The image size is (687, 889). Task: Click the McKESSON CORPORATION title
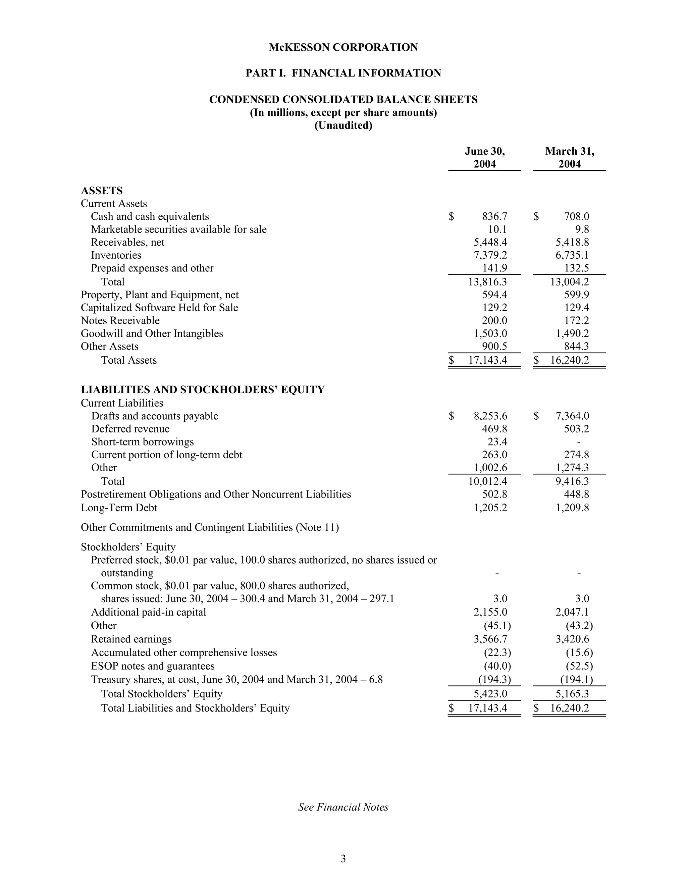pyautogui.click(x=343, y=47)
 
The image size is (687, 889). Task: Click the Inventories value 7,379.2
pyautogui.click(x=490, y=255)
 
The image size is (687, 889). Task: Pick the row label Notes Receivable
pyautogui.click(x=120, y=320)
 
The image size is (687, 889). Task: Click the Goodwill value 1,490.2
pyautogui.click(x=572, y=333)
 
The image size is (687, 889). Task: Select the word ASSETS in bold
pyautogui.click(x=102, y=191)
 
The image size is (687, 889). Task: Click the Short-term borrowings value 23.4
pyautogui.click(x=497, y=442)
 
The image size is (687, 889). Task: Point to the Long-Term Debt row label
pyautogui.click(x=119, y=508)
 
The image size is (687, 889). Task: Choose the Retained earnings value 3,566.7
pyautogui.click(x=490, y=639)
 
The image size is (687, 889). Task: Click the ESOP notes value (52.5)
pyautogui.click(x=579, y=666)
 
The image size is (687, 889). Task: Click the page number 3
pyautogui.click(x=343, y=858)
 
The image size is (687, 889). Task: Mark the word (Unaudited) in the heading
pyautogui.click(x=343, y=125)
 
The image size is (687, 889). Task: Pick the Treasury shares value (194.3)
pyautogui.click(x=494, y=679)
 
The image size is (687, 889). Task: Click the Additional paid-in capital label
pyautogui.click(x=149, y=612)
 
